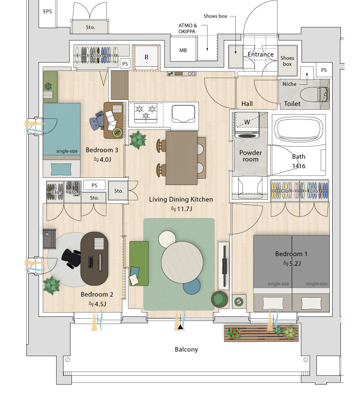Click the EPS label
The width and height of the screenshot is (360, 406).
coord(47,12)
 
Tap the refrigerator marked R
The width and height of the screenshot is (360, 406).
coord(146,58)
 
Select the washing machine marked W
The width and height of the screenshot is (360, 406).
coord(247,125)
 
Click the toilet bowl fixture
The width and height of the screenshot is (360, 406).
coord(314,94)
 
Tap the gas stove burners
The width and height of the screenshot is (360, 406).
coord(146,112)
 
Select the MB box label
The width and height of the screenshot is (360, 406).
coord(183,50)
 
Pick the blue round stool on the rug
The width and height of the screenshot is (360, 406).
coord(192,286)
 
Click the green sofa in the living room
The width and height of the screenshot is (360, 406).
coord(139,263)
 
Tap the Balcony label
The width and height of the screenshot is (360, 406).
coord(186,349)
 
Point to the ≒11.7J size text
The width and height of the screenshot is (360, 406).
coord(181,209)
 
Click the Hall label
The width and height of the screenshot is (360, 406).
coord(247,104)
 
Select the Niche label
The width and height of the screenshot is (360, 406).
coord(290,84)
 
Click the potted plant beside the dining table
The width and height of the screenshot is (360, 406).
coord(138,139)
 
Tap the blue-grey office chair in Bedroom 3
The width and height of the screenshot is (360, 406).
coord(97,120)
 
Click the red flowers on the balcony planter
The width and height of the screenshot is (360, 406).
coord(234,334)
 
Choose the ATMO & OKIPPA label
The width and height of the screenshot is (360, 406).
coord(187,28)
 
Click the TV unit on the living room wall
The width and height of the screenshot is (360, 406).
coord(224,266)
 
